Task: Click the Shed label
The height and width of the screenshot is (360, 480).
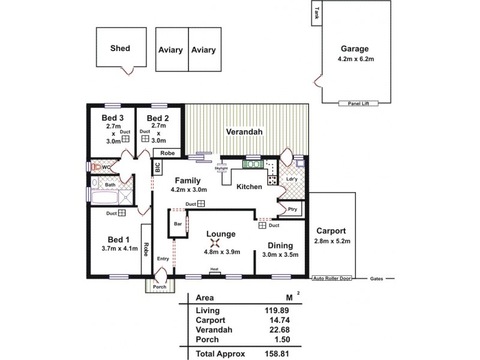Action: [x=119, y=49]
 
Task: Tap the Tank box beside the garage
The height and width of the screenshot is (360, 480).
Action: [x=315, y=14]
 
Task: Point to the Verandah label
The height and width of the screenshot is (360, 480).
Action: [x=246, y=131]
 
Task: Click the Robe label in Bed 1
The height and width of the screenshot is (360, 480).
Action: [x=145, y=249]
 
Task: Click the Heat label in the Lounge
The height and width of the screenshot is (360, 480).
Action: [x=214, y=269]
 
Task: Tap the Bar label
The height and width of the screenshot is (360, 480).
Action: [x=178, y=224]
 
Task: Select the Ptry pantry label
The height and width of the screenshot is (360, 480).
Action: [x=292, y=209]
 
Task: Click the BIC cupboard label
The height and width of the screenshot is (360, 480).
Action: [x=158, y=168]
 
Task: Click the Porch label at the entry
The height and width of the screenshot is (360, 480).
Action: [x=159, y=287]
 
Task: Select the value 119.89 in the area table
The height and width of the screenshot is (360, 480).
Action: [x=272, y=310]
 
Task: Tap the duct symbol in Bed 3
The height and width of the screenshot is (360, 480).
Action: [x=126, y=139]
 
